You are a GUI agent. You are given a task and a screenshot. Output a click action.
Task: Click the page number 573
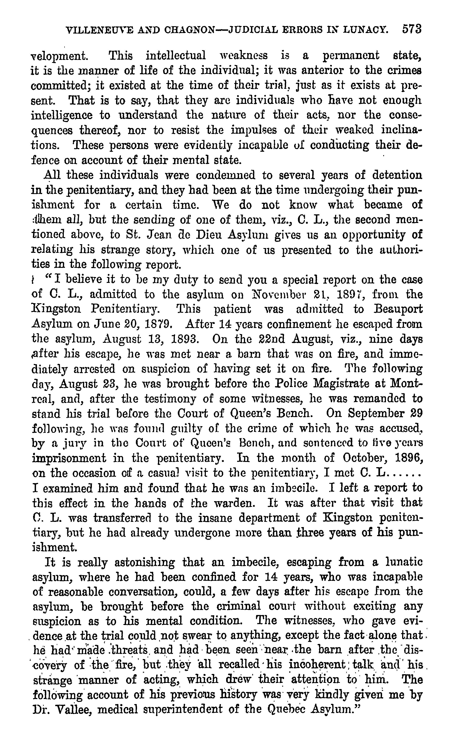(x=412, y=29)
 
